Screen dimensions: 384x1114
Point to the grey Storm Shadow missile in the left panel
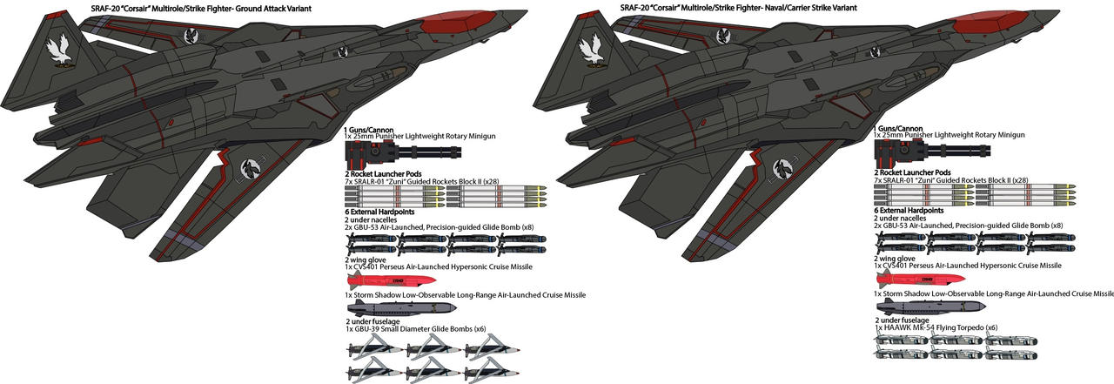tap(399, 308)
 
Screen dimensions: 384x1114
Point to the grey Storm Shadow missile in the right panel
tap(929, 308)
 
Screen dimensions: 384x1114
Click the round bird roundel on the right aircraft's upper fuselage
tap(722, 37)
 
